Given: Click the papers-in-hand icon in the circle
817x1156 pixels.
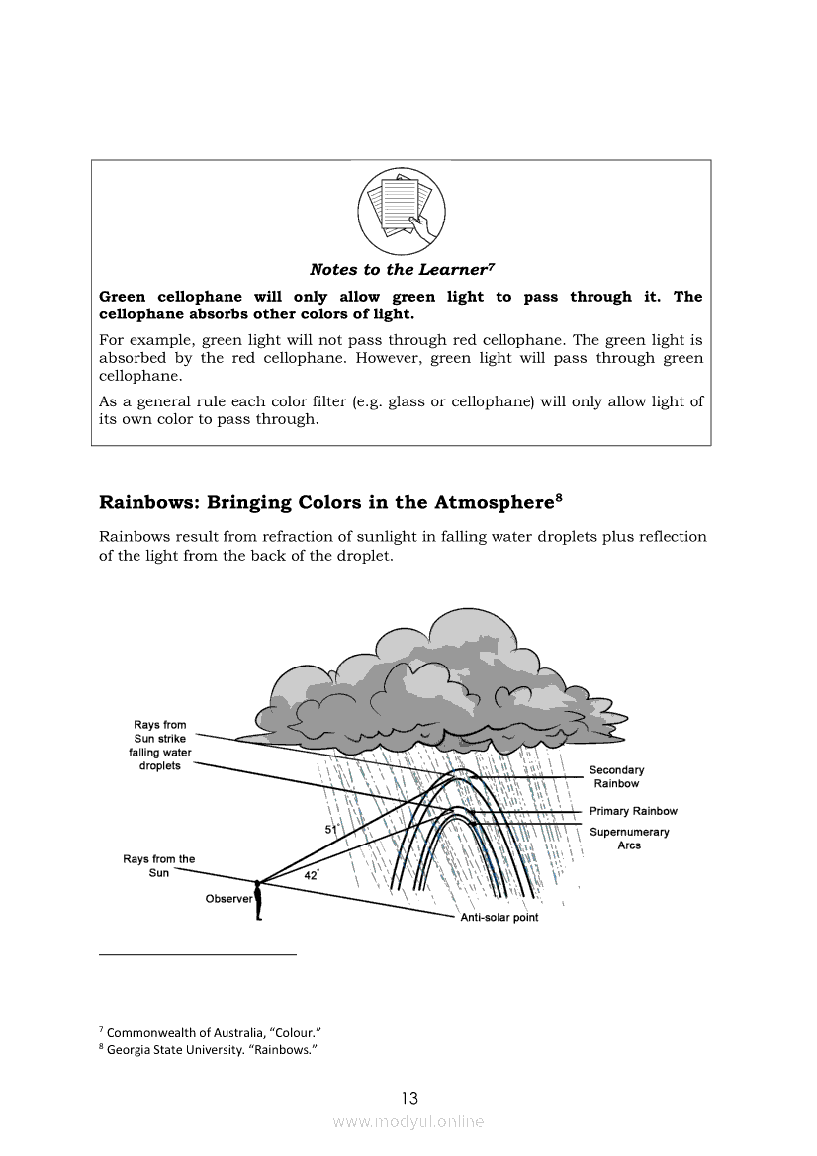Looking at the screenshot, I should coord(402,210).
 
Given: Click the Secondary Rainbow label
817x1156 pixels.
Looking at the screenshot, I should coord(616,777).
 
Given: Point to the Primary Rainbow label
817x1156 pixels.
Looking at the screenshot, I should coord(633,811).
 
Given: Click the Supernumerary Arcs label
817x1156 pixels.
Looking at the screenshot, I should coord(629,839).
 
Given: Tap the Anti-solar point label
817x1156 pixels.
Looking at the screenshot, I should coord(499,918).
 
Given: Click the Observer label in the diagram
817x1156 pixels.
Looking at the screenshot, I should coord(228,899).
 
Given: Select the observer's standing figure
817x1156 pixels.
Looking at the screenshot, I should coord(258,900).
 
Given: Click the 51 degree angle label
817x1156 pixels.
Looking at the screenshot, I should coord(331,829).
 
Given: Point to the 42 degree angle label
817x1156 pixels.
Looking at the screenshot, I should coord(311,875).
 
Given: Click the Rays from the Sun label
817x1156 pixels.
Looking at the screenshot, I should coord(159,866).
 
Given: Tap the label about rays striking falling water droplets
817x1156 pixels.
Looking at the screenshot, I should coord(160,746).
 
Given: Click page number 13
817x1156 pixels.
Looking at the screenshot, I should coord(409,1098).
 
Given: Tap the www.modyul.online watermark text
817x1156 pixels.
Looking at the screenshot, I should coord(408,1121).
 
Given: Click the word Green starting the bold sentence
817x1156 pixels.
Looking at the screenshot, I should coord(123,297).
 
